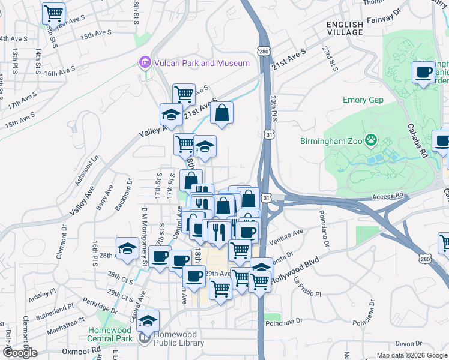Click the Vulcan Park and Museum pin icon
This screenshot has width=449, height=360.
click(x=145, y=63)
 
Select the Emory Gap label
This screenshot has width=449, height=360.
click(x=363, y=100)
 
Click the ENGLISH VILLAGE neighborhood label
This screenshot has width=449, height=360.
click(x=345, y=29)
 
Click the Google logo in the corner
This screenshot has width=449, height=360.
click(x=20, y=353)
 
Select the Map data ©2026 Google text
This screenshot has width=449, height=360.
click(x=411, y=355)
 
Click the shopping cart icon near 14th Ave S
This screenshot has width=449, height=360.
click(x=54, y=13)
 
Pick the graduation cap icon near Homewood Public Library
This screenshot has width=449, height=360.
click(x=148, y=322)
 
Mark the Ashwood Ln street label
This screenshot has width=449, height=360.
click(x=85, y=171)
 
